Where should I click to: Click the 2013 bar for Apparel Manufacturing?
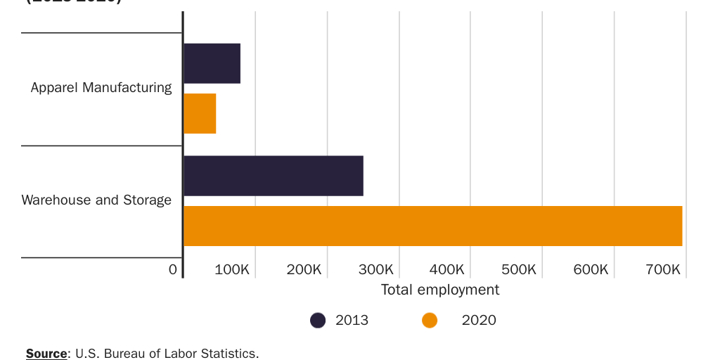[x=212, y=63]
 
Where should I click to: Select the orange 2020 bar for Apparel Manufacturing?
[x=200, y=113]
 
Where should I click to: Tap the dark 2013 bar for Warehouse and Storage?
[x=273, y=176]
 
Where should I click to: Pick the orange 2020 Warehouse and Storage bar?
[x=432, y=226]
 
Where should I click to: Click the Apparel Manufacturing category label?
[x=101, y=87]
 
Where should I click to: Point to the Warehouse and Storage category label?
[x=96, y=200]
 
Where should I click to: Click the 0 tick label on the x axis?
[x=173, y=269]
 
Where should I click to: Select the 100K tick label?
[x=231, y=269]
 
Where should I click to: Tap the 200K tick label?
[x=304, y=269]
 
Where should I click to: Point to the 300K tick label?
[x=375, y=269]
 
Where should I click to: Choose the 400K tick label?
[x=447, y=269]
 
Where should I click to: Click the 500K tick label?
[x=519, y=269]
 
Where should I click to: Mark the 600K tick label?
[x=591, y=269]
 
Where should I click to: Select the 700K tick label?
[x=662, y=269]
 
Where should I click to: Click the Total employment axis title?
[x=439, y=290]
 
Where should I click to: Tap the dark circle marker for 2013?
[x=318, y=321]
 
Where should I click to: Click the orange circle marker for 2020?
[x=430, y=321]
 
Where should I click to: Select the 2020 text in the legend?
[x=479, y=321]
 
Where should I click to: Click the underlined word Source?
[x=46, y=353]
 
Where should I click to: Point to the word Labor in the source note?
[x=183, y=353]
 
